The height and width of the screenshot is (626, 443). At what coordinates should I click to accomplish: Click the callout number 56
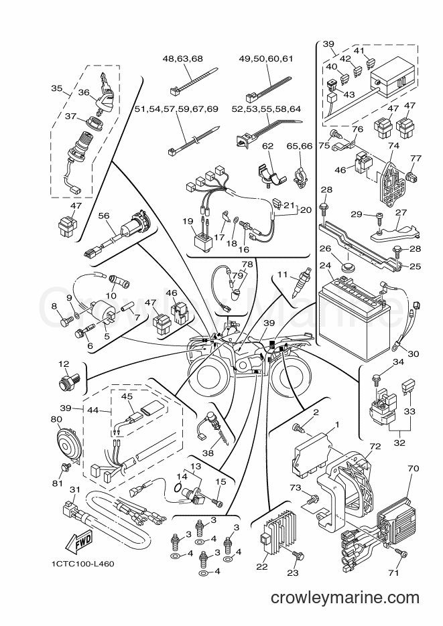(104, 216)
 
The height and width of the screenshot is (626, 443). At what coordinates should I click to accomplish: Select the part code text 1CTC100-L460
(82, 564)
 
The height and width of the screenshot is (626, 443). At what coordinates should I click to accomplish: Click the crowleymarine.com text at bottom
(345, 597)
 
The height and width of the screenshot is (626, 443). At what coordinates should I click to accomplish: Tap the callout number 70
(414, 468)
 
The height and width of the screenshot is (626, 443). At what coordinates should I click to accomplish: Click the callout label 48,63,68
(182, 59)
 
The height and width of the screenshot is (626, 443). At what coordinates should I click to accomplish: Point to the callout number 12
(64, 364)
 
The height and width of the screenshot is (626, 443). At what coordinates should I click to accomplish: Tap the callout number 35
(57, 88)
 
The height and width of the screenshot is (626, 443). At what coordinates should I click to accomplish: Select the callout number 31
(74, 489)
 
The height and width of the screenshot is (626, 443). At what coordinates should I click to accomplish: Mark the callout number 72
(375, 446)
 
